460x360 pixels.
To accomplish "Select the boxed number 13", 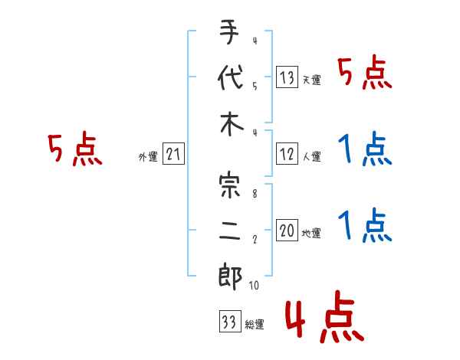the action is click(x=286, y=77).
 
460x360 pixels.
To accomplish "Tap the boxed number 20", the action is click(x=286, y=231).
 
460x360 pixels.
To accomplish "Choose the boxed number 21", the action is click(x=173, y=155).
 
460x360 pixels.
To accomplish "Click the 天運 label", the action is click(x=311, y=80).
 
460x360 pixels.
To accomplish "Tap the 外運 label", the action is click(x=147, y=157).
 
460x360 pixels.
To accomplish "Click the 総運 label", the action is click(x=255, y=325).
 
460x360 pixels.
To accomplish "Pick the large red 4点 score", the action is click(x=324, y=319).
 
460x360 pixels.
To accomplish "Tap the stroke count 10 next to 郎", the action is click(x=255, y=286).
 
